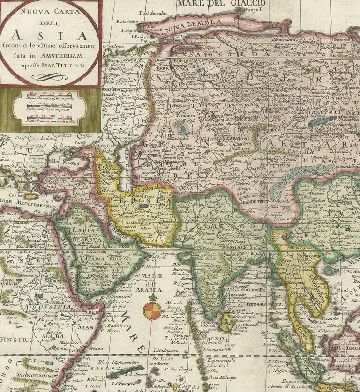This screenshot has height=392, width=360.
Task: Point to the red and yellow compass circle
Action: [x=151, y=311]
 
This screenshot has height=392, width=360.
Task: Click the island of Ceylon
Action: [x=227, y=322]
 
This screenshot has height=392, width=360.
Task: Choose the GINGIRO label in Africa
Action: [x=13, y=339]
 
